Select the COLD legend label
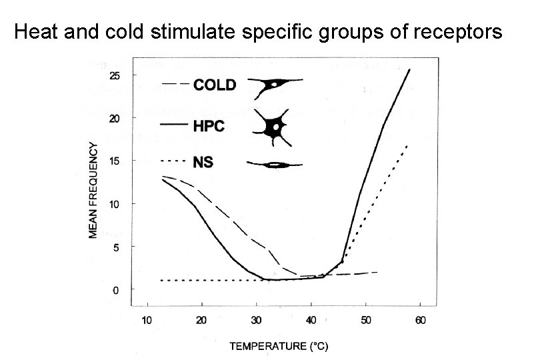[214, 85]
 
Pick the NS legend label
[203, 162]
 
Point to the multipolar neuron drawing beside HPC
[274, 127]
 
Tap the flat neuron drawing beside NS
[274, 163]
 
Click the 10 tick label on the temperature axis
[147, 320]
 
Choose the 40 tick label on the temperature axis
[311, 320]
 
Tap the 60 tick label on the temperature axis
[420, 320]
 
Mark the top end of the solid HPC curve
[409, 69]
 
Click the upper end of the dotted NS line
[407, 145]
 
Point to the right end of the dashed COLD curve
[377, 272]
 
